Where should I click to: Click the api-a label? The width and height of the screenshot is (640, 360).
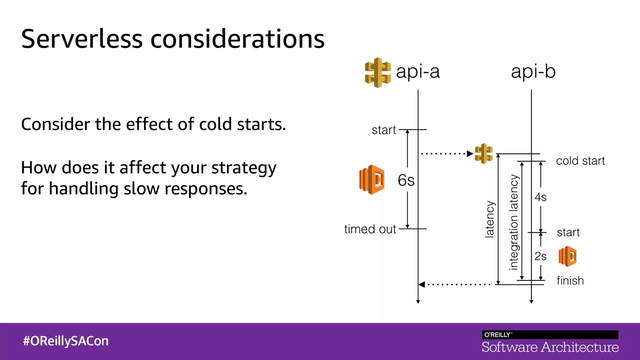coord(418,72)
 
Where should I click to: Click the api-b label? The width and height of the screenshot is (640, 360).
coord(533,72)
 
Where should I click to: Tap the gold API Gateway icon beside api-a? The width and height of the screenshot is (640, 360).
coord(378,72)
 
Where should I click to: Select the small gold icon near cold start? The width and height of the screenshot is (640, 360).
coord(484,153)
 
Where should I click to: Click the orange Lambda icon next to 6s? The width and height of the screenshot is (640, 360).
coord(372,180)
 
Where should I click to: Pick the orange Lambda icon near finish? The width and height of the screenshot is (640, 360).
coord(567,256)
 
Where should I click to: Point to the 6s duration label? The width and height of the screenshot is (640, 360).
coord(406,180)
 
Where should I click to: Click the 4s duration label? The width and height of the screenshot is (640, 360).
coord(540,197)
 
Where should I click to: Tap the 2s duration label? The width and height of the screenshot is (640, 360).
coord(540,256)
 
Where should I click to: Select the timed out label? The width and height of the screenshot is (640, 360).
coord(370,229)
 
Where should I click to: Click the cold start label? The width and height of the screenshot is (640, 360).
coord(580,161)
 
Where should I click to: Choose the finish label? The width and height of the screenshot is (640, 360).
coord(570,281)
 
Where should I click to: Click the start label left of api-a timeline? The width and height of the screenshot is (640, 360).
coord(384,130)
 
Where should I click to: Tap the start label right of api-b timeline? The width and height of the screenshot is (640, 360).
coord(568,232)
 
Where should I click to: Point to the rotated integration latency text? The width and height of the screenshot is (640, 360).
coord(514,222)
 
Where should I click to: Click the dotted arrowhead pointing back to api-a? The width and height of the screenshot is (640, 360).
coord(422,284)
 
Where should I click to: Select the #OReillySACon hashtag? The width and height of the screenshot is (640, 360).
coord(66,341)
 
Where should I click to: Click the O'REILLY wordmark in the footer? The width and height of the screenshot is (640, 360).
coord(497,335)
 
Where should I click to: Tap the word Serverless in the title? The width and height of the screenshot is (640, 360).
coord(82,39)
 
